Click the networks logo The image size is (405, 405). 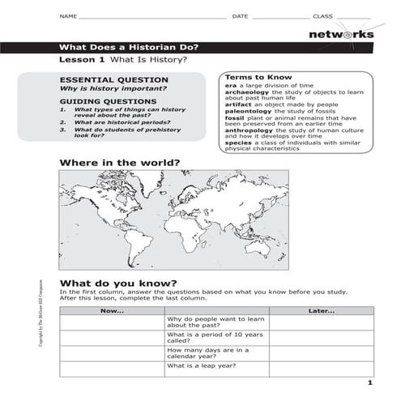point(340,34)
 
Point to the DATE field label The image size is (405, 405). point(240,16)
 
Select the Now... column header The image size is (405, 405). point(112,311)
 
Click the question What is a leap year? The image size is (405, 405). point(202,365)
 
